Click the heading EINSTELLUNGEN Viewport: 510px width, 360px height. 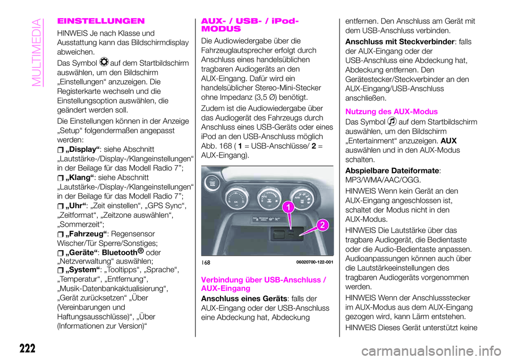(x=100, y=21)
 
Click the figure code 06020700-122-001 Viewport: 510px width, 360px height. (x=311, y=261)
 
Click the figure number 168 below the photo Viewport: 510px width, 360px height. (x=207, y=262)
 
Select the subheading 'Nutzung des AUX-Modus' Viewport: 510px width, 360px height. (x=392, y=112)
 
